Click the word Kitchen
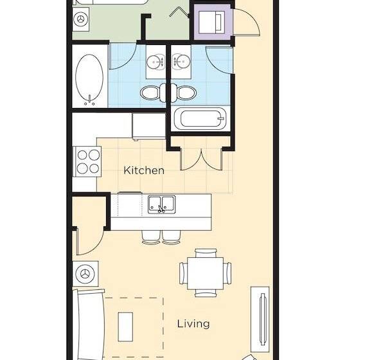click(x=144, y=170)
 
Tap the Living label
click(x=193, y=323)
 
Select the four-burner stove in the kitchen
click(x=88, y=161)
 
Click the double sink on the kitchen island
click(x=162, y=204)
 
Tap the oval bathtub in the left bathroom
click(x=89, y=80)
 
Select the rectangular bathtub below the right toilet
click(x=200, y=120)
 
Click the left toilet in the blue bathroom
click(x=151, y=93)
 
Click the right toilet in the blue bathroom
click(x=185, y=93)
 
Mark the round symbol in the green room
click(x=80, y=19)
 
